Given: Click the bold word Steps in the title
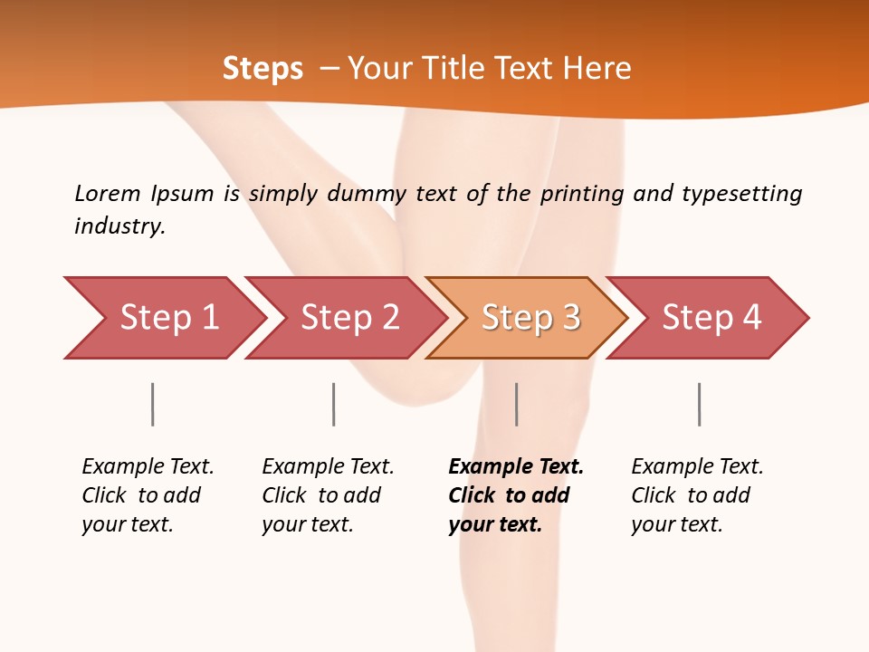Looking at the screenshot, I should point(263,68).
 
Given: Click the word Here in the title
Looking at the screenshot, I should point(597,68).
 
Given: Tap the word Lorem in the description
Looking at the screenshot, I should point(108,193).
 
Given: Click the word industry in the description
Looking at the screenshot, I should point(119,225).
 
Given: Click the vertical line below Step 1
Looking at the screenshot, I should point(152,404).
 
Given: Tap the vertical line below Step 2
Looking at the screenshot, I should point(333,404).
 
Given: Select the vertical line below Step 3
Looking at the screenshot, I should point(516,404).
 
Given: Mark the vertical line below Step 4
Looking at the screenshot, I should point(699,404).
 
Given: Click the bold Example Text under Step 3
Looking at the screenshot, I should point(516,466).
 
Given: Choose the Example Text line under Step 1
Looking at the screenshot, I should point(148,466).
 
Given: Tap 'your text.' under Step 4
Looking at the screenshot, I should point(676,524).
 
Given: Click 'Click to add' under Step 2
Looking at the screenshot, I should point(321,495).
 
